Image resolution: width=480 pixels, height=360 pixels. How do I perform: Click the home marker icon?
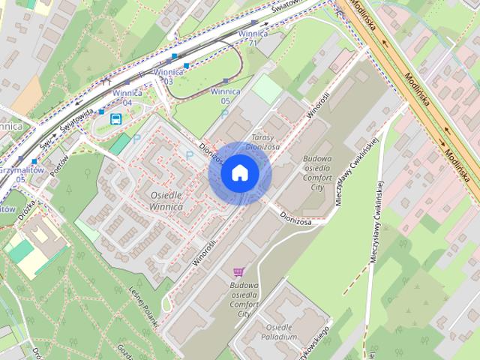239,173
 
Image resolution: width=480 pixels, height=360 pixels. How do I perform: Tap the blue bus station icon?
116,118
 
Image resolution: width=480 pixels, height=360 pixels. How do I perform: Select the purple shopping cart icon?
238,272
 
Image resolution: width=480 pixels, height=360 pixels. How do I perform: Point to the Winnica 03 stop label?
163,76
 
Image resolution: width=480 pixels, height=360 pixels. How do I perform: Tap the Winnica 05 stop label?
225,95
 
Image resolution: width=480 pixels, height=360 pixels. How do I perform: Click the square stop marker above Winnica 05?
225,81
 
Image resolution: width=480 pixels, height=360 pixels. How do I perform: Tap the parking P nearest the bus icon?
136,138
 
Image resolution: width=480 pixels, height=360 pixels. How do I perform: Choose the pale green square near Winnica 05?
266,91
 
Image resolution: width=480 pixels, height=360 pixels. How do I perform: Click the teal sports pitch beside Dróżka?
18,250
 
